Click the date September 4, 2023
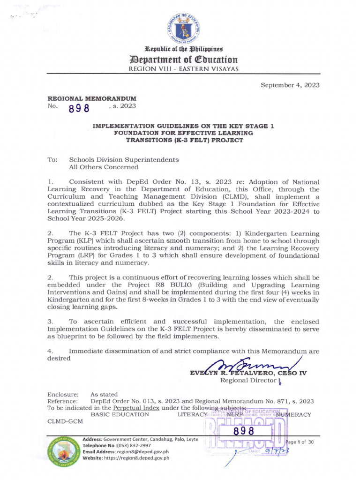coord(291,85)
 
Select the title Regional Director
coord(248,380)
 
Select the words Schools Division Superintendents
coord(124,159)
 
